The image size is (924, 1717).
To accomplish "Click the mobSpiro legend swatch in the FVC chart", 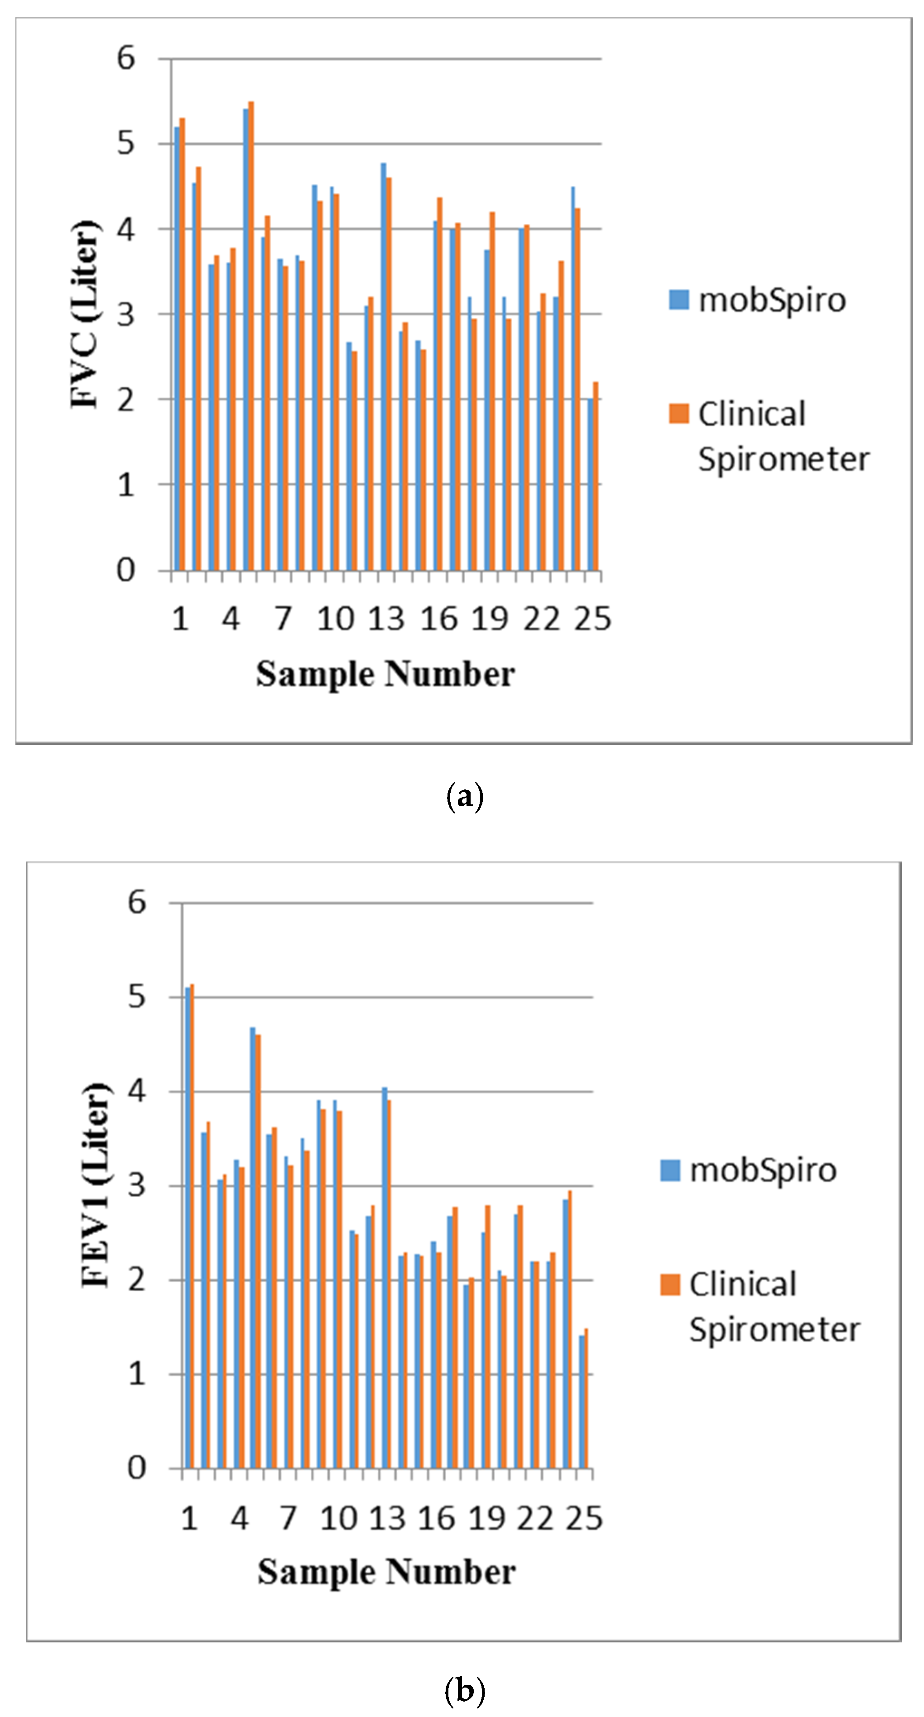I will click(678, 299).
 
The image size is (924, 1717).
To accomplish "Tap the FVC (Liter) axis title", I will click(85, 313).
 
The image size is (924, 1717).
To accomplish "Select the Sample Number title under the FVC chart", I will click(385, 674).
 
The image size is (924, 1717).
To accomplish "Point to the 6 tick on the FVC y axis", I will click(126, 59).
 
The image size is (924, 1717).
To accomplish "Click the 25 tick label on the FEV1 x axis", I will click(584, 1518).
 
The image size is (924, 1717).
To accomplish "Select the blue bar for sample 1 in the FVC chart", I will click(177, 346).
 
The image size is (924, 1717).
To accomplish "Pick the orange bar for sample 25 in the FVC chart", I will click(595, 476).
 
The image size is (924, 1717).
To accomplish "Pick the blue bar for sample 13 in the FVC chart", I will click(383, 366).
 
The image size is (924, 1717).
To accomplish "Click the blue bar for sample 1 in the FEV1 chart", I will click(188, 1226).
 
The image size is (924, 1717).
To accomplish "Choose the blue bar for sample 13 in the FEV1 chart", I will click(384, 1276).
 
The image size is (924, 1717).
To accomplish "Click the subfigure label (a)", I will click(463, 797).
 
